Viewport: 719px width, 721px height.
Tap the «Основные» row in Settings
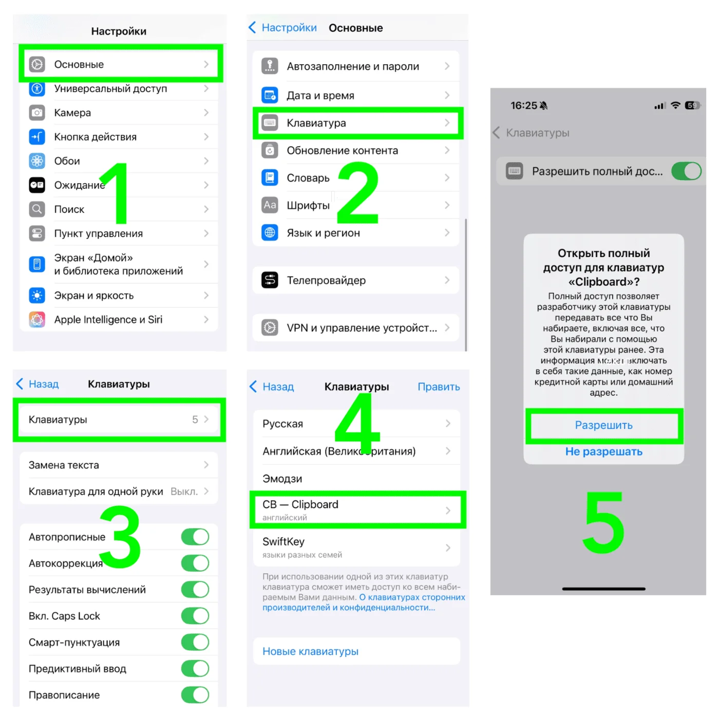tap(119, 64)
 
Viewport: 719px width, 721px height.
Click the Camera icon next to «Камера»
tap(36, 112)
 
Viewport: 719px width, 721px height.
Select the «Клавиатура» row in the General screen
tap(357, 123)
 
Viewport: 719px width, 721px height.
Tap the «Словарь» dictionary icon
tap(270, 178)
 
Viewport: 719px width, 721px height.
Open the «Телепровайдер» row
tap(356, 280)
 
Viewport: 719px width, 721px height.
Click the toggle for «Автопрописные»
tap(195, 537)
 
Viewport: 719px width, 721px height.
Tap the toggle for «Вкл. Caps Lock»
tap(195, 616)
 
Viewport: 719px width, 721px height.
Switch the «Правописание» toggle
tap(195, 695)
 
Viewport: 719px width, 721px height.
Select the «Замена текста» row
tap(119, 465)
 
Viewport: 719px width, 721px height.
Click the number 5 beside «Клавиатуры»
tap(195, 419)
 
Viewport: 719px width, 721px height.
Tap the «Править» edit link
tap(439, 386)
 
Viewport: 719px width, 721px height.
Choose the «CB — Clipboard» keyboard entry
tap(356, 510)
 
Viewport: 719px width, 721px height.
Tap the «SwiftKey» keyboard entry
tap(356, 548)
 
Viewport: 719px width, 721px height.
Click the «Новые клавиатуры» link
tap(310, 651)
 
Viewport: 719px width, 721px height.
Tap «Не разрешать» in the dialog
tap(603, 451)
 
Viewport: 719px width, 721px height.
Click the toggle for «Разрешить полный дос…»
tap(686, 171)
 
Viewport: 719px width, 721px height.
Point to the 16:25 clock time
tap(523, 106)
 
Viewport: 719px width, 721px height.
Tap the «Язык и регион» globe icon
tap(270, 232)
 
